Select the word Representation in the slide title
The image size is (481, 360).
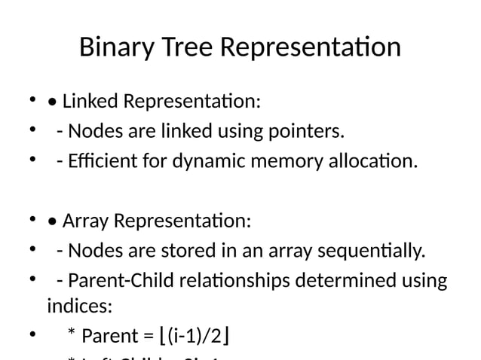click(311, 47)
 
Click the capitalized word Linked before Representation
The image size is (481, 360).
click(91, 100)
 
